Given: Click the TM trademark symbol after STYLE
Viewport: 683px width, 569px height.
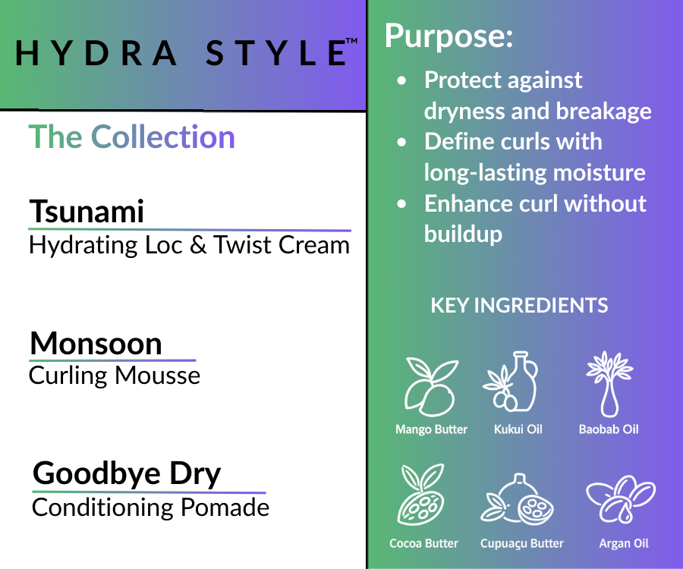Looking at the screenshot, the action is pos(351,41).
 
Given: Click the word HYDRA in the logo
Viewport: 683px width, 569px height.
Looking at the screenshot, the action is pos(96,53).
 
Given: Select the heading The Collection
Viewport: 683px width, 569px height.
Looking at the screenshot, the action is pos(131,137).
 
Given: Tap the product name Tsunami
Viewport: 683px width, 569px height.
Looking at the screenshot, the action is pos(87,211).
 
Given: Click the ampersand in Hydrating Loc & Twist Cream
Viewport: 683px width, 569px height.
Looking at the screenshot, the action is pos(198,244).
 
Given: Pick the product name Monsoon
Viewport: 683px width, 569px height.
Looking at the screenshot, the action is pos(96,344).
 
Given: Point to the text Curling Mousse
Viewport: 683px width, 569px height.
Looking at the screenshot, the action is pos(115,376).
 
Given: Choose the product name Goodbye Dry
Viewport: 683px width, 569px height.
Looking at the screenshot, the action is pos(127,473).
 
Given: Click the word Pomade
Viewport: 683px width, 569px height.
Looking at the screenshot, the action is pos(225,508).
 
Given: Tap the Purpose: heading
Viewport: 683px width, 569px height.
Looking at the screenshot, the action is pos(449,36).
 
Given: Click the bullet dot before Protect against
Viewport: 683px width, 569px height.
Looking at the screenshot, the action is pos(401,80).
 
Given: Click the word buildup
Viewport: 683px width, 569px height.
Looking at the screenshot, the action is pos(463,234).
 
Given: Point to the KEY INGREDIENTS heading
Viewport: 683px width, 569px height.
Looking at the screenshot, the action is pos(519,305).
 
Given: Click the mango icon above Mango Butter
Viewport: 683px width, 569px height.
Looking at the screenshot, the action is pos(431,386).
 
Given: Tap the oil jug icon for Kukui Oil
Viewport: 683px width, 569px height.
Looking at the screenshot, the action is pos(511,382).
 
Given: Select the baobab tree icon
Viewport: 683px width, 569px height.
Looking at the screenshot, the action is pos(609,384).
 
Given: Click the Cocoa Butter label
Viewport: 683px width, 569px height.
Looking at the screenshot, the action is pos(423,543).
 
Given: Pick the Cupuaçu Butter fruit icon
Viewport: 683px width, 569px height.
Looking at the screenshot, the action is pos(517,499).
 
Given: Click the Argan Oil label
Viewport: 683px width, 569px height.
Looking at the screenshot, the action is pos(624,543).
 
